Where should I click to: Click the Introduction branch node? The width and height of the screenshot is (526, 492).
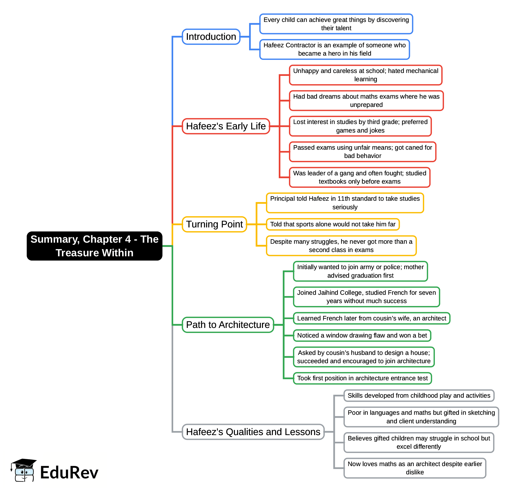[x=211, y=37]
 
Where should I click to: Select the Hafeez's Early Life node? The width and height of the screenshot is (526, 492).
[x=226, y=126]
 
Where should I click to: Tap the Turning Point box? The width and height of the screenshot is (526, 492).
[x=214, y=224]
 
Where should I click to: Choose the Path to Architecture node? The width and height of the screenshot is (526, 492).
[x=228, y=325]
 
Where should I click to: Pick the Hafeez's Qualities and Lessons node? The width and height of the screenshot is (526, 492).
[x=253, y=432]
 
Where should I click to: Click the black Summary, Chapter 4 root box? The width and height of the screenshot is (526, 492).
[x=94, y=246]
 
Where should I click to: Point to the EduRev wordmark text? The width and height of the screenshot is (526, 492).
[x=69, y=472]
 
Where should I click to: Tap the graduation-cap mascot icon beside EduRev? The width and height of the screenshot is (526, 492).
[x=24, y=470]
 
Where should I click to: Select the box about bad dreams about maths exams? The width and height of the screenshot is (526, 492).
[x=366, y=100]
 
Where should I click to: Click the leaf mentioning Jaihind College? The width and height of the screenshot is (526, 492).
[x=366, y=297]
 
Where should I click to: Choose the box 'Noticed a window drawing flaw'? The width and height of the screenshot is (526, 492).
[x=362, y=335]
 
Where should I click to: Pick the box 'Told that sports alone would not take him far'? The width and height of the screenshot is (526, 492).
[x=332, y=224]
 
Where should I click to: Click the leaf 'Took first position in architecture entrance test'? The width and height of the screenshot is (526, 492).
[x=362, y=378]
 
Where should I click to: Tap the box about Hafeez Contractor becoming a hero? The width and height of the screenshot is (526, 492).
[x=334, y=49]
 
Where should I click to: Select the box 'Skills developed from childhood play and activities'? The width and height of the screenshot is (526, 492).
[x=419, y=396]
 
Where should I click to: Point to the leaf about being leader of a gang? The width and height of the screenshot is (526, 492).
[x=359, y=177]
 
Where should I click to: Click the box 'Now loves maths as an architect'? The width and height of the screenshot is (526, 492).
[x=415, y=468]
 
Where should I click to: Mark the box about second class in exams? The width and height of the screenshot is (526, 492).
[x=341, y=246]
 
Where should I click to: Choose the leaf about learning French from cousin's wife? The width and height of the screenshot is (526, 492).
[x=372, y=318]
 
